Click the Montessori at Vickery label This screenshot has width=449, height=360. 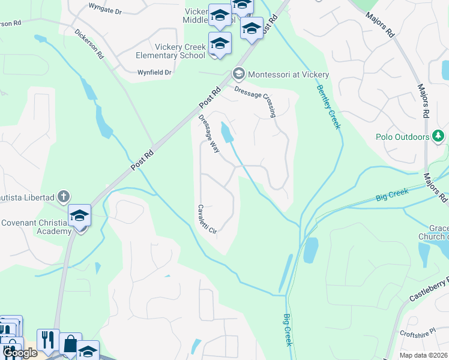[288, 74]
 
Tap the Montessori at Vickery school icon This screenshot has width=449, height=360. [238, 74]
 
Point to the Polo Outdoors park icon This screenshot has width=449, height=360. [439, 137]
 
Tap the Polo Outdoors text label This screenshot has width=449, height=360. [402, 137]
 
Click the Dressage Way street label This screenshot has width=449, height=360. [209, 133]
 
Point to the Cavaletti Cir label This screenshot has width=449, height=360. [203, 221]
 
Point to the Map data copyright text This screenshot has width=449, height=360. [423, 355]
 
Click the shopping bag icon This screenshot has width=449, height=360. [70, 344]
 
